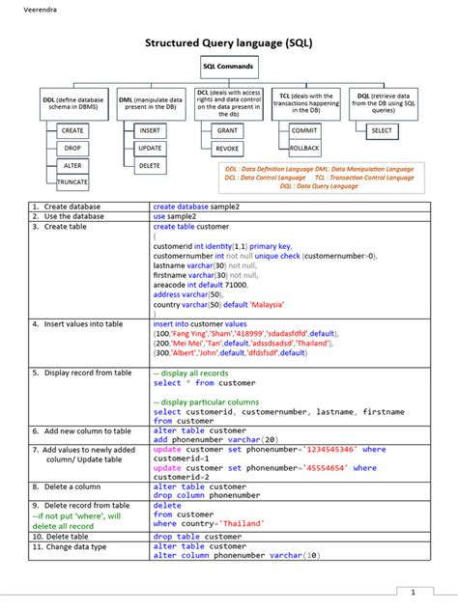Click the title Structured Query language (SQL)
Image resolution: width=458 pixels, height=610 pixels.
pyautogui.click(x=229, y=43)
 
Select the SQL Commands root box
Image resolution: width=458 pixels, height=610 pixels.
pyautogui.click(x=229, y=67)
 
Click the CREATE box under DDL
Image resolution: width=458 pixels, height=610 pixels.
pyautogui.click(x=72, y=130)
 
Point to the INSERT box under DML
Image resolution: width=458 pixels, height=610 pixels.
pyautogui.click(x=150, y=130)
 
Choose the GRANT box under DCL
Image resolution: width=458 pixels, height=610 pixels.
pyautogui.click(x=228, y=130)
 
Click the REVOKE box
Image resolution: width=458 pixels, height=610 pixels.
pyautogui.click(x=228, y=149)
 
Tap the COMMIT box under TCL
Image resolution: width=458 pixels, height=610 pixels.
pyautogui.click(x=304, y=130)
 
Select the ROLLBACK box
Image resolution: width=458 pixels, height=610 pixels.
pyautogui.click(x=304, y=149)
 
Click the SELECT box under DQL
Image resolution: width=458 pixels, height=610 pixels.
pyautogui.click(x=382, y=130)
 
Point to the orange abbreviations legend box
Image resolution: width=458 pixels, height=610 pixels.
pyautogui.click(x=319, y=177)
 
